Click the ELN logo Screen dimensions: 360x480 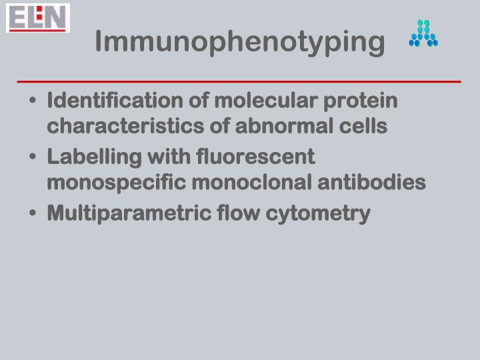pos(38,18)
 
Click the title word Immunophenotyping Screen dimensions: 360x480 pos(240,42)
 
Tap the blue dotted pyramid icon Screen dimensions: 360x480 pos(423,33)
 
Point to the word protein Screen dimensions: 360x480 pos(365,101)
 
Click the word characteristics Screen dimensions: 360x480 pos(119,127)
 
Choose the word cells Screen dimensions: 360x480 pos(365,127)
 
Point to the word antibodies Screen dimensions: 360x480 pos(381,183)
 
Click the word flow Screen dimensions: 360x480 pos(234,214)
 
